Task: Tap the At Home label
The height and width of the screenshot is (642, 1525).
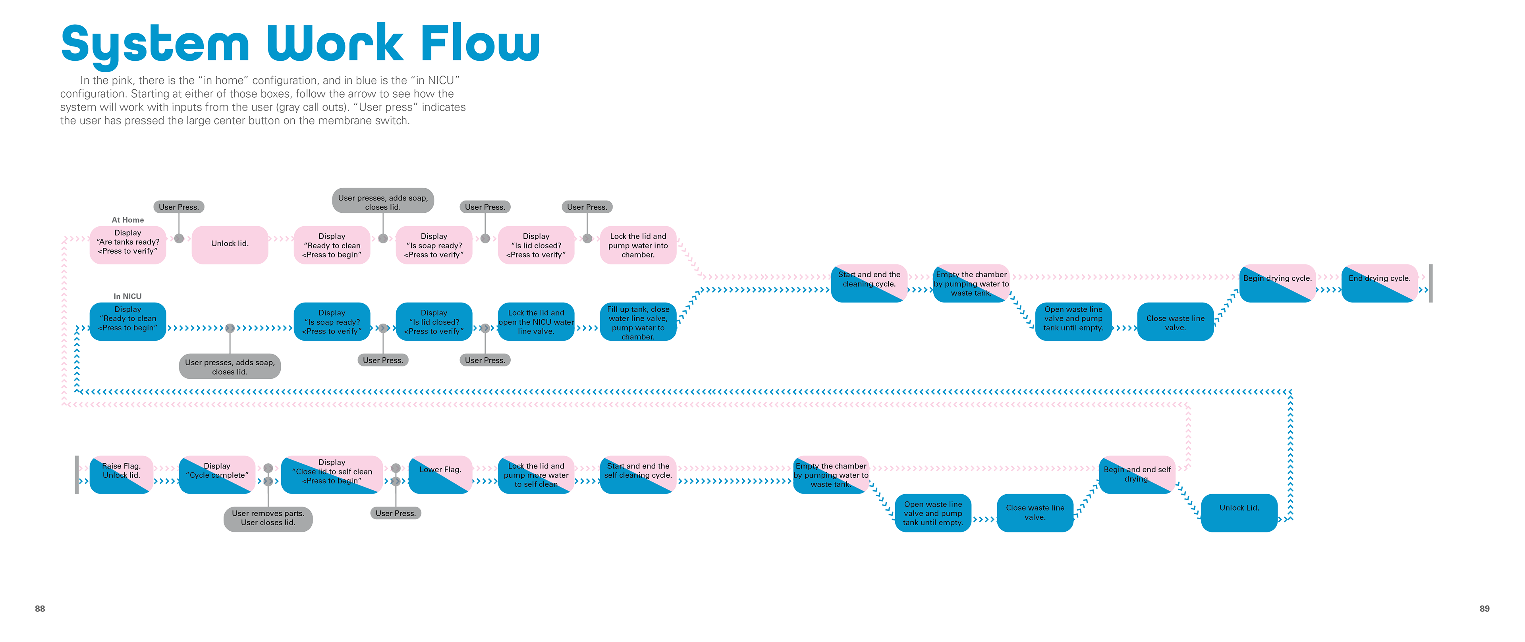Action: pos(128,220)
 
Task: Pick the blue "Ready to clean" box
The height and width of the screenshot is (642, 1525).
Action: pos(128,321)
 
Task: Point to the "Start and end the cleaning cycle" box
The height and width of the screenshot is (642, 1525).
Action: pos(869,283)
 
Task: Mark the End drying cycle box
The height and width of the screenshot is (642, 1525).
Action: pos(1379,283)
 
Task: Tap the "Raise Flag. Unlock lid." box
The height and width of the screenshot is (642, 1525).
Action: pos(122,474)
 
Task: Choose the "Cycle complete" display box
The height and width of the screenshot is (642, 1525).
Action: pos(217,474)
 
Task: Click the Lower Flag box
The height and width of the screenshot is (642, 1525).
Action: pos(440,474)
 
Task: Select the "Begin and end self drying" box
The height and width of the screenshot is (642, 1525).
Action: pos(1137,474)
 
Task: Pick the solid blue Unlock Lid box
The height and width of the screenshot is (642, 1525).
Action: pos(1239,513)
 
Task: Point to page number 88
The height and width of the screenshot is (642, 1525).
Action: pos(40,608)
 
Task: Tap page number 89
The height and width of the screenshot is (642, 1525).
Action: pos(1484,608)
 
